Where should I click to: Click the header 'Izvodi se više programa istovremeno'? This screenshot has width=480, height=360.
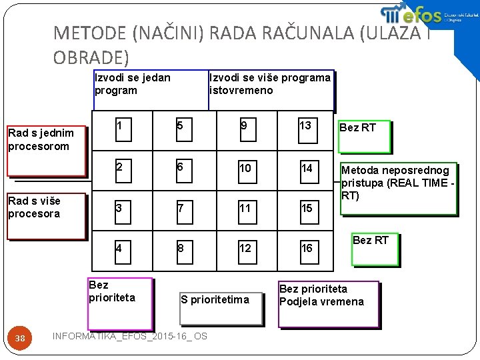tap(271, 89)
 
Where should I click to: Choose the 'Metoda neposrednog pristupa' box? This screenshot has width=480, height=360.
tap(399, 189)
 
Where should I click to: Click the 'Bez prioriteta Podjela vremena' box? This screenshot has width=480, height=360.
tap(328, 304)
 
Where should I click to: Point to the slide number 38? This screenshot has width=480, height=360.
tap(21, 339)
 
